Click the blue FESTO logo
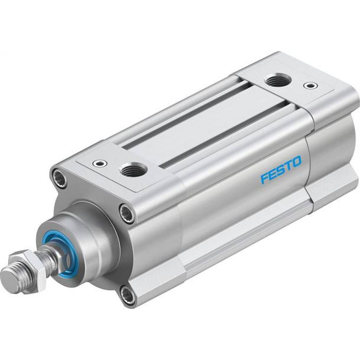pyautogui.click(x=281, y=170)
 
